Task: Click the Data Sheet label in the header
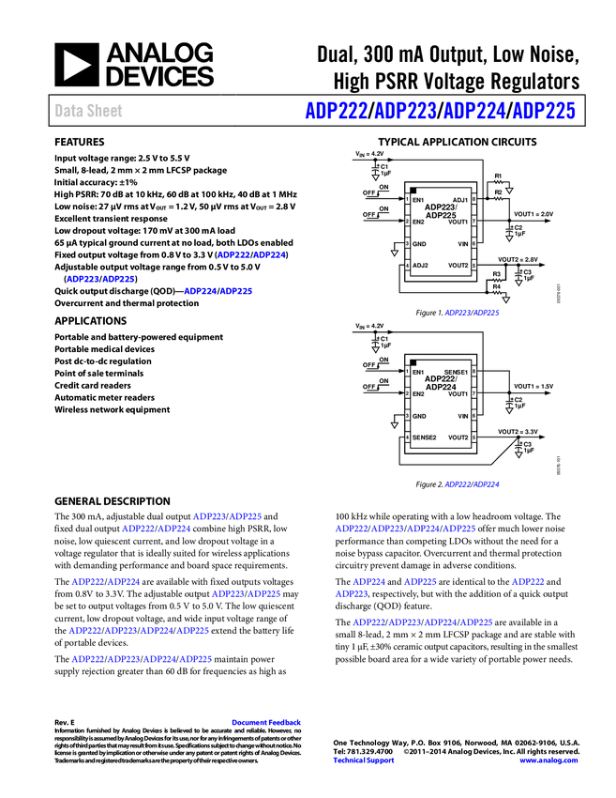[x=89, y=111]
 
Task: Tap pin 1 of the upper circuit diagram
[x=406, y=199]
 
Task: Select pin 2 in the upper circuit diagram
[x=406, y=221]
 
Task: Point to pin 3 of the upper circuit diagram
[x=406, y=243]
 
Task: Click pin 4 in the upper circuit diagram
[x=406, y=265]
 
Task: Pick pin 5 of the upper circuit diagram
[x=473, y=265]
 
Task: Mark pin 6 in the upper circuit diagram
[x=473, y=243]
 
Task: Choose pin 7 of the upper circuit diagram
[x=473, y=221]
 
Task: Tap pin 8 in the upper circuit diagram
[x=473, y=199]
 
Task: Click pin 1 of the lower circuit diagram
[x=406, y=371]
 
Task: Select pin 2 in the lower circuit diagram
[x=406, y=393]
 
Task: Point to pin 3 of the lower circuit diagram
[x=406, y=415]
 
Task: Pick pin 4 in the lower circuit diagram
[x=406, y=437]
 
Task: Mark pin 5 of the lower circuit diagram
[x=473, y=437]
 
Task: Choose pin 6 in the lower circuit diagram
[x=473, y=415]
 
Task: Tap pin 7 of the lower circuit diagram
[x=473, y=393]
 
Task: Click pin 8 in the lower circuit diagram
[x=473, y=371]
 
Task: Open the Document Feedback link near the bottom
[x=267, y=723]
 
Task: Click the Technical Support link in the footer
[x=364, y=760]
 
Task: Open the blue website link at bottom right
[x=548, y=760]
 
